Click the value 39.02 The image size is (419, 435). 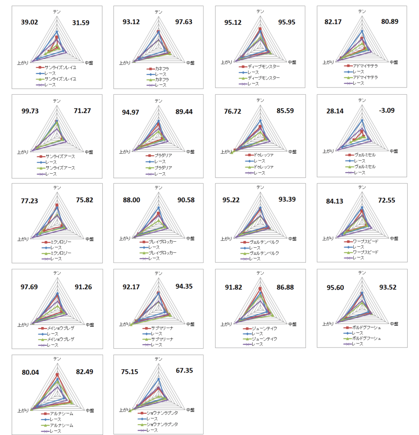pyautogui.click(x=30, y=23)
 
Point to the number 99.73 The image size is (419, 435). pyautogui.click(x=30, y=111)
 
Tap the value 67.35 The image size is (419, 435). pyautogui.click(x=184, y=370)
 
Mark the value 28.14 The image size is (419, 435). pyautogui.click(x=335, y=111)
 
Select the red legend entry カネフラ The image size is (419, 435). pyautogui.click(x=162, y=68)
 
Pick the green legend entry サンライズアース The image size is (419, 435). pyautogui.click(x=60, y=168)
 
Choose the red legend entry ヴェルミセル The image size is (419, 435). pyautogui.click(x=365, y=155)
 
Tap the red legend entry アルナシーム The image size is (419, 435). pyautogui.click(x=61, y=413)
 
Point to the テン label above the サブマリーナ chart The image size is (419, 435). pyautogui.click(x=158, y=273)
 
